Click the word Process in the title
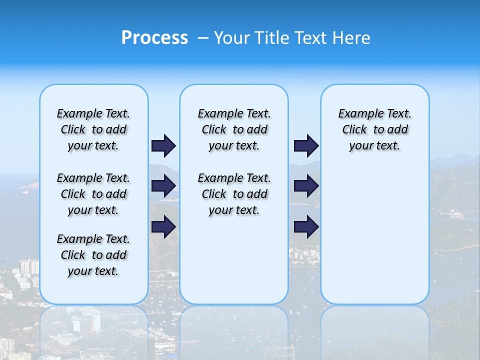[x=154, y=37]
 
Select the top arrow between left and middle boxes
[x=163, y=145]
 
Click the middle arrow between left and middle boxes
[x=163, y=186]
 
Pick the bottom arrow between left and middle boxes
[x=163, y=227]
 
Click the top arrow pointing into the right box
[x=306, y=145]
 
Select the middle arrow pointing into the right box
[x=306, y=186]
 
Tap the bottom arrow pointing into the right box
[x=306, y=227]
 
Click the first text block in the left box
[x=93, y=129]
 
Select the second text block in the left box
[x=93, y=194]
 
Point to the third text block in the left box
[x=93, y=255]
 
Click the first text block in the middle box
[x=234, y=129]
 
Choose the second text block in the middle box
[x=234, y=194]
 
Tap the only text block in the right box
[x=374, y=129]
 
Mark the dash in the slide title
[x=202, y=38]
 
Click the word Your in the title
[x=233, y=38]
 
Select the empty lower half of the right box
[x=374, y=240]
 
